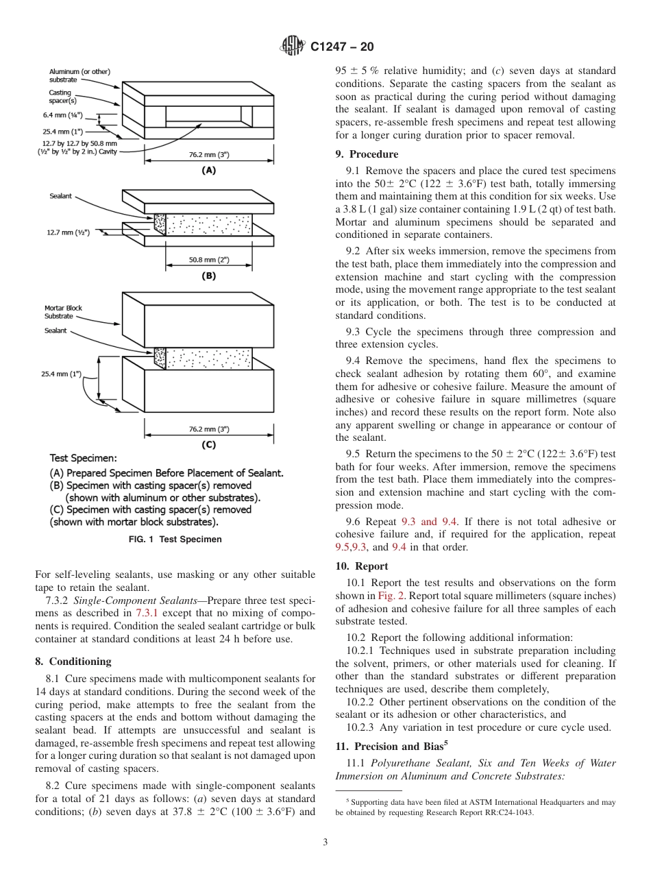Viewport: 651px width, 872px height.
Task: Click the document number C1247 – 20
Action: pos(342,47)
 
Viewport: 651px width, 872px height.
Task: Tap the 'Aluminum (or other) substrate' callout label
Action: pos(79,75)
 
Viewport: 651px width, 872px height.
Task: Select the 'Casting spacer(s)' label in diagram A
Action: pos(63,96)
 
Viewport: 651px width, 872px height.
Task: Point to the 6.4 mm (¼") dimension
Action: pos(62,115)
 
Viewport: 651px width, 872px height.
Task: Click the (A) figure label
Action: pos(208,170)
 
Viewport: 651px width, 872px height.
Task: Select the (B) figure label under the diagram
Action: pos(208,276)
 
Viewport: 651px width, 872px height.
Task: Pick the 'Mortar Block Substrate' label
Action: pos(63,312)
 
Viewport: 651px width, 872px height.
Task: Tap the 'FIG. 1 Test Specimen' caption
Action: pos(175,540)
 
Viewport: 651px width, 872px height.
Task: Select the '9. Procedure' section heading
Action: pos(367,154)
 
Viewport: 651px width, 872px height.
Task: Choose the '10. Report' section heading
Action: pos(362,566)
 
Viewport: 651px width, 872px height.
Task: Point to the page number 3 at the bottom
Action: pos(325,843)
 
